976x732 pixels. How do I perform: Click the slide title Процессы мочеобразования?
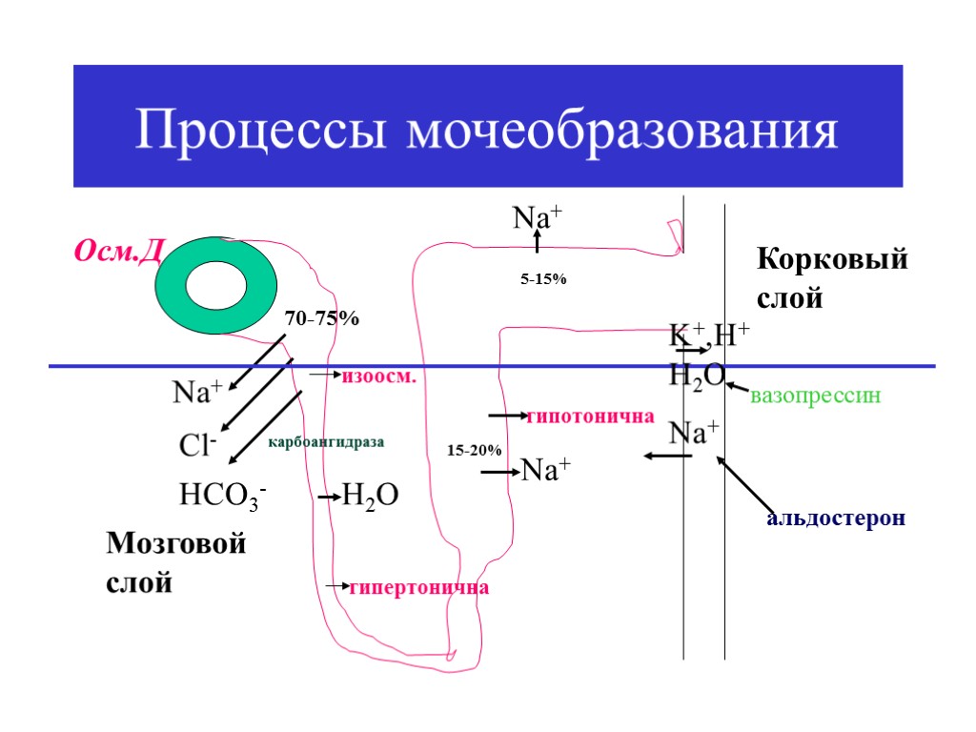click(487, 130)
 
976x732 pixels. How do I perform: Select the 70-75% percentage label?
click(322, 319)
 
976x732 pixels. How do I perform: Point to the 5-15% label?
click(543, 279)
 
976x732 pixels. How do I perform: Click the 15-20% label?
click(474, 449)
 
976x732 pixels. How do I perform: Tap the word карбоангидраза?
click(326, 442)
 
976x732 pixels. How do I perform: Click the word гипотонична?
click(591, 417)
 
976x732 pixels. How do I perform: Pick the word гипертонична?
click(418, 587)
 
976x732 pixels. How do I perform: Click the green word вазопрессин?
click(815, 395)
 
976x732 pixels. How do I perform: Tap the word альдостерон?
click(836, 519)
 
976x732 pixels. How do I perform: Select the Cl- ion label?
click(198, 445)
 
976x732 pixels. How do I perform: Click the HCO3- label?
click(222, 496)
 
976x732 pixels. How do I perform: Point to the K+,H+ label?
click(709, 335)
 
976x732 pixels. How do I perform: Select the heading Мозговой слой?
click(175, 562)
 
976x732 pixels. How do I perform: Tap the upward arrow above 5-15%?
click(537, 243)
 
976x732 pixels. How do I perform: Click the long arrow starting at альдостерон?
click(744, 484)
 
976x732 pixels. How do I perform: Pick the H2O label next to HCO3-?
click(370, 496)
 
